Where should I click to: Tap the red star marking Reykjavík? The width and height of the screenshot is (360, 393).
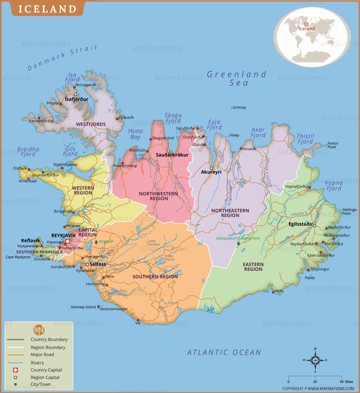(68, 241)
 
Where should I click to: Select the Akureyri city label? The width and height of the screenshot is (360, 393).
(211, 172)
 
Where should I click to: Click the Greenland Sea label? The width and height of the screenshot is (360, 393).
(237, 79)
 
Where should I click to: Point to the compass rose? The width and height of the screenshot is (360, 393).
(315, 360)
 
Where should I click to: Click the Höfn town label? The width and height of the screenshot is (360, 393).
(279, 291)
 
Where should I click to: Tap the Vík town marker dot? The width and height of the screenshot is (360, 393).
(138, 320)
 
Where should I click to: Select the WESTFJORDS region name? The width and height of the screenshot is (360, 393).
(91, 125)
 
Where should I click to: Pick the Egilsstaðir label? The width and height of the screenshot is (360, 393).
(300, 224)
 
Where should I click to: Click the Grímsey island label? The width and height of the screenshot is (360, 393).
(239, 108)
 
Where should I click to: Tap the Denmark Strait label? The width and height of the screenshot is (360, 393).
(62, 58)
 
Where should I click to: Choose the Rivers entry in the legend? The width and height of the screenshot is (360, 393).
(37, 363)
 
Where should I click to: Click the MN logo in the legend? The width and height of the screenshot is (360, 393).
(39, 330)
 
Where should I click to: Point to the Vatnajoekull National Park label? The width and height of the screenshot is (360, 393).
(238, 238)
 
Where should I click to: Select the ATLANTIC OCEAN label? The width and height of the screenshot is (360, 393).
(224, 352)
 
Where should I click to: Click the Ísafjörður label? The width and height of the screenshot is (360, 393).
(76, 99)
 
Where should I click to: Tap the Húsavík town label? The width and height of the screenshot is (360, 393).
(249, 149)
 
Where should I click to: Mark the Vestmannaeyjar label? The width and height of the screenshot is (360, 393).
(114, 309)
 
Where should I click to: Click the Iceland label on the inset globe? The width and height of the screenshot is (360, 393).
(307, 29)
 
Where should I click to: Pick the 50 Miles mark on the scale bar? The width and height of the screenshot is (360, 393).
(342, 382)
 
